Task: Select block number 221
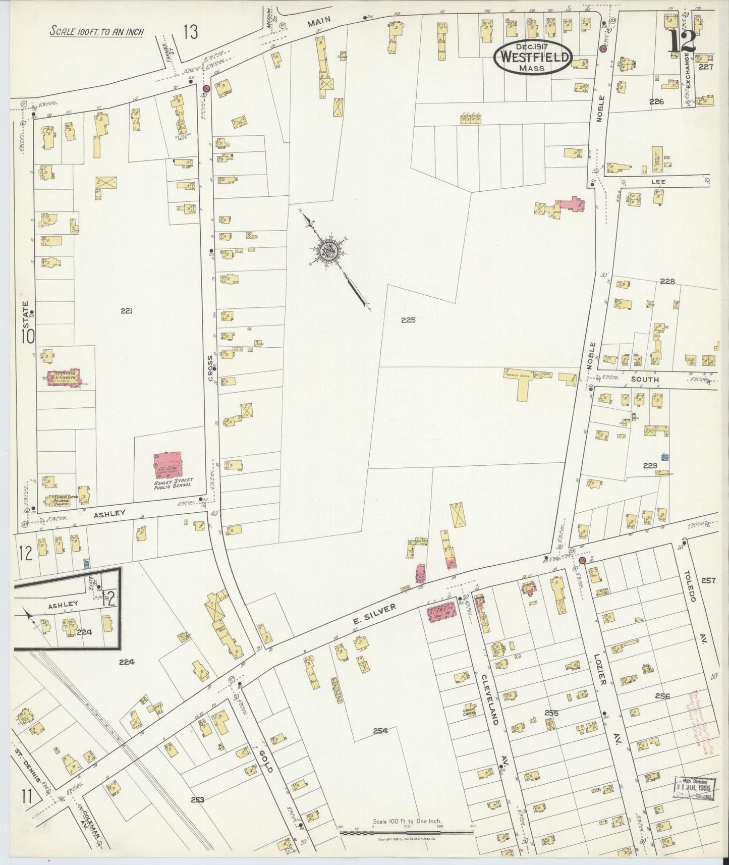pos(126,311)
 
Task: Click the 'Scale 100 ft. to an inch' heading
pos(97,31)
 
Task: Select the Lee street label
pos(658,181)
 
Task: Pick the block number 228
pos(667,281)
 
